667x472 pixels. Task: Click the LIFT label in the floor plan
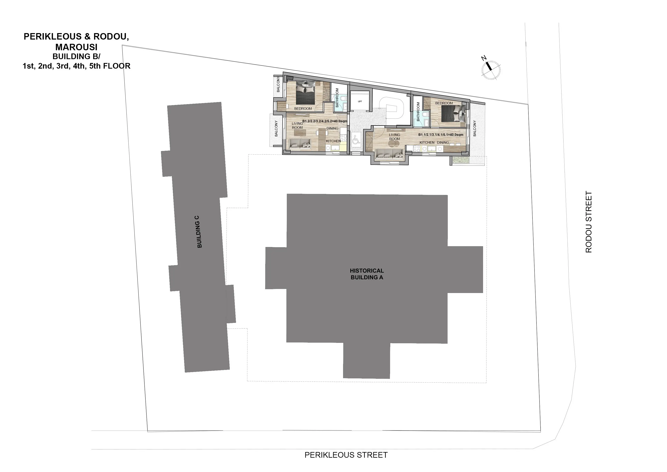[360, 102]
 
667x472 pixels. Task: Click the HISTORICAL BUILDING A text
[367, 274]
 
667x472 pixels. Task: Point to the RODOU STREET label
[589, 222]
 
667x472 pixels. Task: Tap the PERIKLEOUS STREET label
[346, 455]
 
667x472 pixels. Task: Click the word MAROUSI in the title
[76, 47]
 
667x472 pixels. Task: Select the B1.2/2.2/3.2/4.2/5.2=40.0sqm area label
[325, 121]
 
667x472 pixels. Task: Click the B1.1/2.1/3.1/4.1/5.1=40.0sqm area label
[441, 135]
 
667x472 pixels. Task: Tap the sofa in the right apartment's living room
[389, 155]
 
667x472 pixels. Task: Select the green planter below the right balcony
[460, 160]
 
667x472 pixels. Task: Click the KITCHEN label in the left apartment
[333, 141]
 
